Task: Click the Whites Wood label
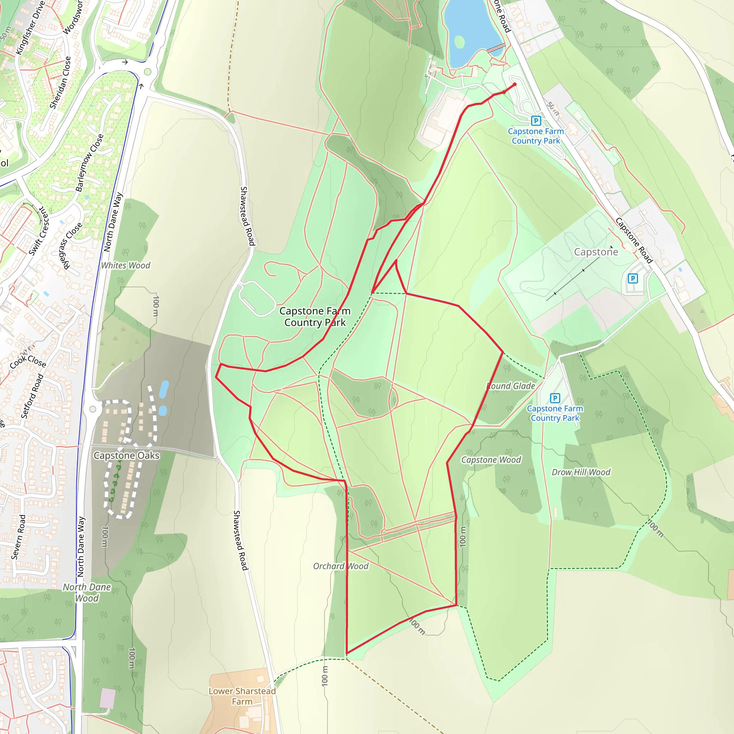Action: click(125, 266)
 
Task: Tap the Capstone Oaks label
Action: click(127, 455)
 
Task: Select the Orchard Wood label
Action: click(341, 566)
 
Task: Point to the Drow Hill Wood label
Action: click(581, 472)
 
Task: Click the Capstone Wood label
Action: click(491, 460)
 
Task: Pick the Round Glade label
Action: click(511, 386)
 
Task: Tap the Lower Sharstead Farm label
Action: click(242, 696)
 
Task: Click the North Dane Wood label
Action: click(87, 593)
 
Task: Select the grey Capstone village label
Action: click(596, 252)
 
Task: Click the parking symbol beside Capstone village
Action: click(633, 278)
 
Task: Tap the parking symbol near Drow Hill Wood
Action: click(555, 398)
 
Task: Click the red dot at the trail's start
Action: click(514, 84)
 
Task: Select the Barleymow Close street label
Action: click(89, 163)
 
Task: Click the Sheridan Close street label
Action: click(61, 82)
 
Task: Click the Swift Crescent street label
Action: click(39, 232)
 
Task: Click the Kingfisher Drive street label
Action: click(30, 27)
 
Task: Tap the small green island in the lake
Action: click(459, 42)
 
